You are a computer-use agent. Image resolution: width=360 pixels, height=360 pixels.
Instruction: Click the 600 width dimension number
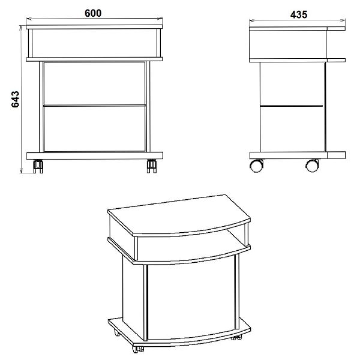tap(93, 13)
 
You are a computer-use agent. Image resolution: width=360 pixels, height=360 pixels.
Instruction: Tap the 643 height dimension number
tap(16, 99)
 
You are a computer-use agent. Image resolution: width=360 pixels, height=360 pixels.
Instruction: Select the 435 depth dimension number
tap(298, 14)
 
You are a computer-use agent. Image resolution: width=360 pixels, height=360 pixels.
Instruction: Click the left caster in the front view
tap(38, 166)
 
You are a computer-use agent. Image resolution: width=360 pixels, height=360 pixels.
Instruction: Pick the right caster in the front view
tap(152, 166)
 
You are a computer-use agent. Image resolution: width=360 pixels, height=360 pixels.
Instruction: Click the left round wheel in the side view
tap(256, 166)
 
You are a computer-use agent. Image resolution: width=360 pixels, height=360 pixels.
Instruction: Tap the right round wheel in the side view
tap(312, 166)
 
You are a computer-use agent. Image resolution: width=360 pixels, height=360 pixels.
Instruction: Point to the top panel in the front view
tap(94, 27)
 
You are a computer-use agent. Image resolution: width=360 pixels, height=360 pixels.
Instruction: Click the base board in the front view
tap(95, 155)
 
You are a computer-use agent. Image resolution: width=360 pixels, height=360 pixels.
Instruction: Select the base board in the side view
tap(298, 155)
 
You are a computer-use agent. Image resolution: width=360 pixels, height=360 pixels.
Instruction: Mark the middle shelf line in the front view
tap(95, 106)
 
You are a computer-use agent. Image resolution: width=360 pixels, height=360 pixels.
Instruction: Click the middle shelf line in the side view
tap(292, 106)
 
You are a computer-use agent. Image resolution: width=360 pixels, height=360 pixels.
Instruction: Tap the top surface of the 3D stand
tap(179, 215)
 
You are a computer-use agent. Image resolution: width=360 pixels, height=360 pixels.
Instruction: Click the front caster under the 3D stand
tap(138, 349)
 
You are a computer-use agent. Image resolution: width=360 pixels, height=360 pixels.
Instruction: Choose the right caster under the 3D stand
tap(236, 337)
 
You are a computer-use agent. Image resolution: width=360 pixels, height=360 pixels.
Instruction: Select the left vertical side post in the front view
tap(41, 107)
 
